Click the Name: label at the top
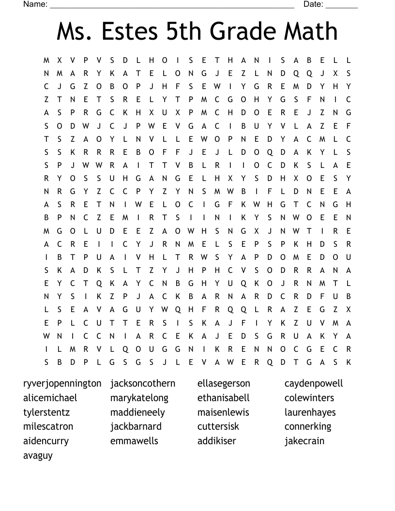[x=35, y=4]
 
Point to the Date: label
[x=313, y=4]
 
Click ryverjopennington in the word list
[x=62, y=384]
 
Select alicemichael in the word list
[x=50, y=398]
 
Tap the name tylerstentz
[x=46, y=412]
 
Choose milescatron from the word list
[x=48, y=426]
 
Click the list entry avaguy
[x=38, y=455]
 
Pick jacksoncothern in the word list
[x=143, y=384]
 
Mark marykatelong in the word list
[x=139, y=398]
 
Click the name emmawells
[x=134, y=441]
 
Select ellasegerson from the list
[x=224, y=384]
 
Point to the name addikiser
[x=217, y=441]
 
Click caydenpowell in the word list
[x=314, y=384]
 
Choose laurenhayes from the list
[x=310, y=412]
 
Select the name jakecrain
[x=304, y=441]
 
